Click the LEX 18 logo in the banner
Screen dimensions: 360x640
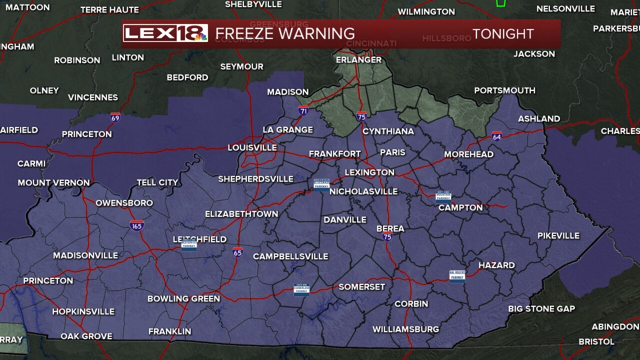pos(165,33)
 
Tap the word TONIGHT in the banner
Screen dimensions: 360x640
pos(503,34)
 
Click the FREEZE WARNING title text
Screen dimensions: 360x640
pos(285,33)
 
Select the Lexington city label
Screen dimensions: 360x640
pos(369,172)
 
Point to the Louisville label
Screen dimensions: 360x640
pos(252,148)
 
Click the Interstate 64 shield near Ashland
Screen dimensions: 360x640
pos(496,136)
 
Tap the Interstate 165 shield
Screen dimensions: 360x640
pos(136,225)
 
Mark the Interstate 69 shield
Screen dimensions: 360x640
pos(115,118)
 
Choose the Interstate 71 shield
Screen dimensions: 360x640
pos(303,111)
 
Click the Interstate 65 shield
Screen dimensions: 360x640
pos(237,252)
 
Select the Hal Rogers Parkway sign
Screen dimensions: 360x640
pos(457,276)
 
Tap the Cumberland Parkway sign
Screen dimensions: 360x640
pos(301,290)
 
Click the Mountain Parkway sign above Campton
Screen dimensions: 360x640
pos(443,195)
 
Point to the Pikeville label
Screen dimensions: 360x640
pos(558,235)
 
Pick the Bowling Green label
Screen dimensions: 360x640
pos(183,299)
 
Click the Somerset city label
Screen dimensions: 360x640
pos(362,287)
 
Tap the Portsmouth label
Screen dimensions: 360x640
pos(504,90)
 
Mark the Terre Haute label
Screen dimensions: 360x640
pos(109,10)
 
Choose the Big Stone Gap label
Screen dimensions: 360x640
pos(541,309)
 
